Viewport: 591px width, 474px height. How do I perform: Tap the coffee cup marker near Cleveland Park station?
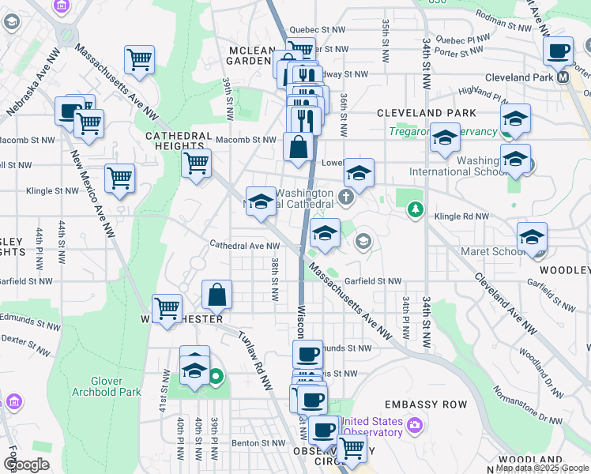tap(559, 51)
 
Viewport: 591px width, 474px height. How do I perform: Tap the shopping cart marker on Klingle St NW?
tap(119, 178)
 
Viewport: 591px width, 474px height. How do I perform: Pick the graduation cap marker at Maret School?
tap(532, 237)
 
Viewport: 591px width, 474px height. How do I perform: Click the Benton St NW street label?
tap(257, 444)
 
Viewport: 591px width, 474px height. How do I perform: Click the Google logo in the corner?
tap(26, 465)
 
